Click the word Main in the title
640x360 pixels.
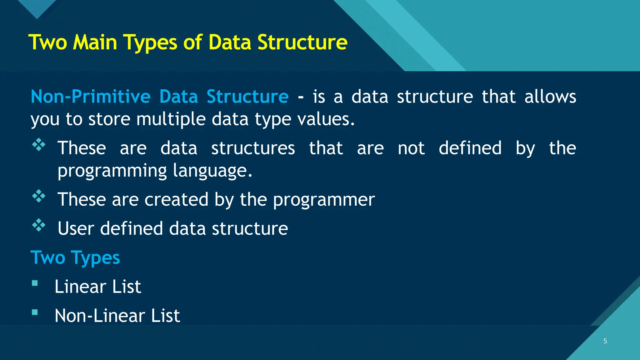click(95, 42)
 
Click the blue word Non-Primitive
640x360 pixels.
click(91, 96)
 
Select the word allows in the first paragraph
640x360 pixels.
click(550, 96)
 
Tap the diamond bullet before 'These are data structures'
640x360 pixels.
click(39, 145)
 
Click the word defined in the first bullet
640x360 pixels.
click(470, 148)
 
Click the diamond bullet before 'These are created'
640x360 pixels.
click(39, 196)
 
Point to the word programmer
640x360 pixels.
click(324, 200)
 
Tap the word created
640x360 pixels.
click(176, 199)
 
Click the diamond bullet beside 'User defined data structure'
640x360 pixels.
click(39, 225)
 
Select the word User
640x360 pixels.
click(76, 228)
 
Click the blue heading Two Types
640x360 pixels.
click(75, 258)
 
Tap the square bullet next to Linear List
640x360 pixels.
click(35, 283)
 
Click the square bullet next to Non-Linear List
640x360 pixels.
click(35, 312)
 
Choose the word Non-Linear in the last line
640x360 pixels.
click(100, 316)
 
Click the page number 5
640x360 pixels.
click(605, 341)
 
